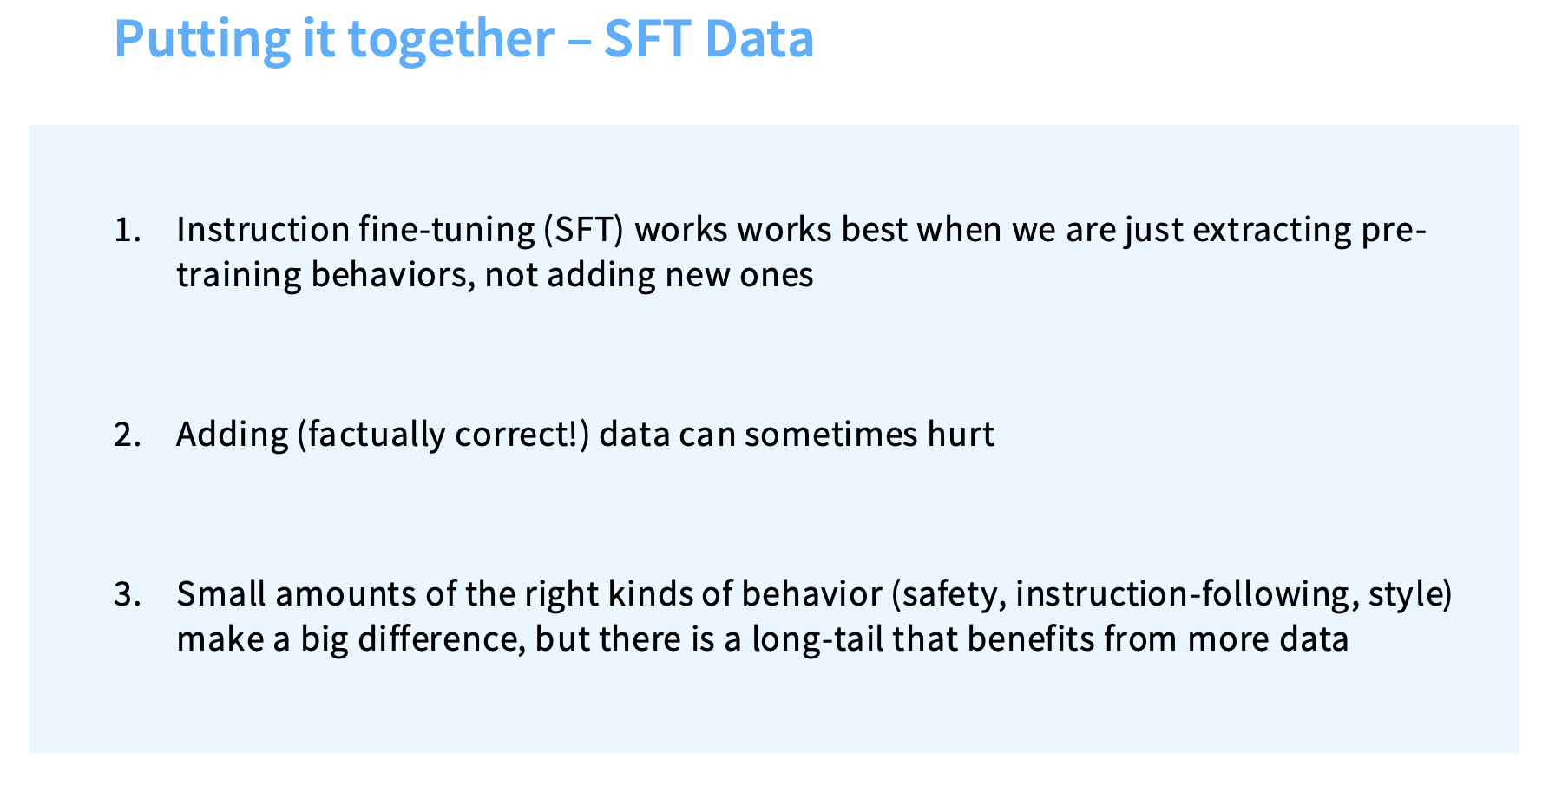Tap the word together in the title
[450, 39]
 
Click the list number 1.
[127, 230]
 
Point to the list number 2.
[127, 434]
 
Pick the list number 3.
[127, 594]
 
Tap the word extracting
[1272, 231]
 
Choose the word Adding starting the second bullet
[232, 435]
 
